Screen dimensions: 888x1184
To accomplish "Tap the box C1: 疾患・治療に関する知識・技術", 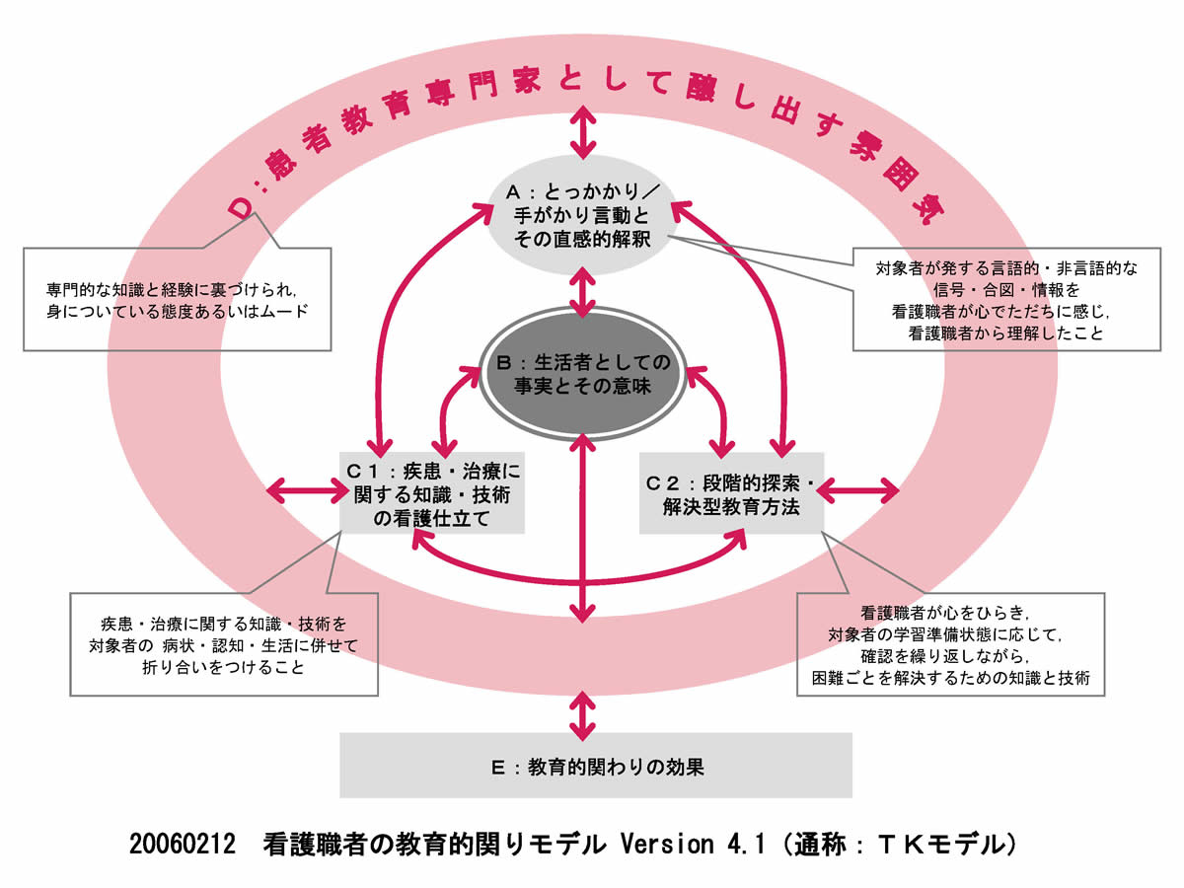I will pyautogui.click(x=431, y=492).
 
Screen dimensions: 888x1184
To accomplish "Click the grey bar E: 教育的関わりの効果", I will pyautogui.click(x=595, y=765).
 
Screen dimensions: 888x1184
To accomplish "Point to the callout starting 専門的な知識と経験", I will pyautogui.click(x=178, y=299).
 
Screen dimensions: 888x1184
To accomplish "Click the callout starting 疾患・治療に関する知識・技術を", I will pyautogui.click(x=224, y=644).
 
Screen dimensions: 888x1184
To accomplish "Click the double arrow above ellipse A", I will pyautogui.click(x=583, y=132).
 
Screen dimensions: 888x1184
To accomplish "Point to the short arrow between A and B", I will pyautogui.click(x=583, y=291).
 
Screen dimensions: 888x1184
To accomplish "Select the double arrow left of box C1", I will pyautogui.click(x=303, y=489).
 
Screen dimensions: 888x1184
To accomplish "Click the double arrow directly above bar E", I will pyautogui.click(x=583, y=715).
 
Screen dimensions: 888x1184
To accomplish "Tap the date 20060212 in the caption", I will pyautogui.click(x=185, y=845).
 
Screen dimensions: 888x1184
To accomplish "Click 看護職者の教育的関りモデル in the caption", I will pyautogui.click(x=433, y=845).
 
